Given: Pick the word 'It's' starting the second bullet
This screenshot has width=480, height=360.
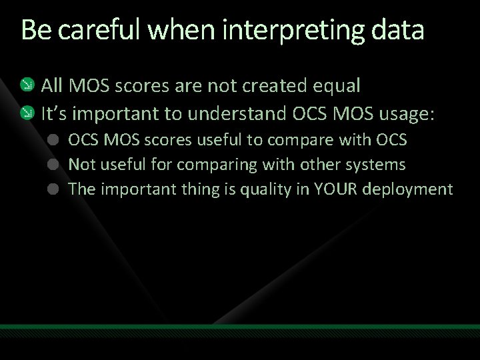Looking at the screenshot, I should point(54,115).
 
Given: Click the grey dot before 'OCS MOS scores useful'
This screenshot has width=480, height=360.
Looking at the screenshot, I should point(54,141).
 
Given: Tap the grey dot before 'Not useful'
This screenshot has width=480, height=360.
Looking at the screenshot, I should point(54,165).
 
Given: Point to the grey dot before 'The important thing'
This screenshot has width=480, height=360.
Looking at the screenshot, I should point(54,189).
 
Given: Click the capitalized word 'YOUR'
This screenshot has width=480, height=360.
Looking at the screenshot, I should point(337,189).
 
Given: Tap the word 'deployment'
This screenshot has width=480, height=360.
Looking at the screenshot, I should point(411,190).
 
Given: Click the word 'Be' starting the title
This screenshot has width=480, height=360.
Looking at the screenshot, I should point(32,31).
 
